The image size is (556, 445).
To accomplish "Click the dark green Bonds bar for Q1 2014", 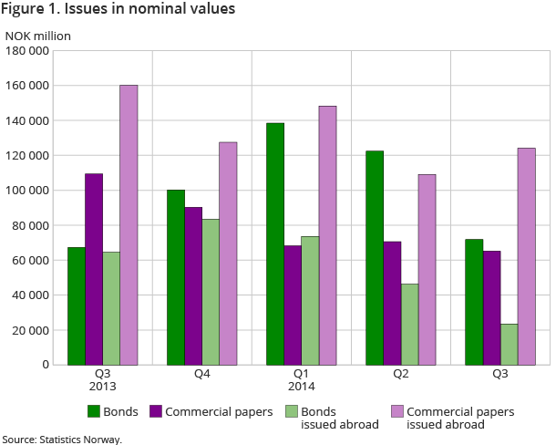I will point(275,243).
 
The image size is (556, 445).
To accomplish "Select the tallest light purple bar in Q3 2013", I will point(129,224).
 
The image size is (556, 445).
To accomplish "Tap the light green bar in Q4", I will point(211,292).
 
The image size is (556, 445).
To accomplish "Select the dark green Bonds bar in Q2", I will point(375,257).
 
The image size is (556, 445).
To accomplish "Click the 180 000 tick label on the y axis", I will point(26,51).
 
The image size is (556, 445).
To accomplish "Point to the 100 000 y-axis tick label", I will point(26,191).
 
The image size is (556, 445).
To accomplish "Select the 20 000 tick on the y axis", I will point(29,330).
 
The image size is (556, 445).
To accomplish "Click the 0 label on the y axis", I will point(45,365).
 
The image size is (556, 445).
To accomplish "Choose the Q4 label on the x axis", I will point(201,374).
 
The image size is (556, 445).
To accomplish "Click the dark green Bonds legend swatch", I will point(93,411).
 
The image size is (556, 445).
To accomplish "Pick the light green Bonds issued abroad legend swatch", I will point(292,411).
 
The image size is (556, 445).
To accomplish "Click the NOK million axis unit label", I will point(38,36).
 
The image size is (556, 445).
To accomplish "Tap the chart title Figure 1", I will point(118,10).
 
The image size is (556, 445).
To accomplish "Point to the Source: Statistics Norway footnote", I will point(62,439).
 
